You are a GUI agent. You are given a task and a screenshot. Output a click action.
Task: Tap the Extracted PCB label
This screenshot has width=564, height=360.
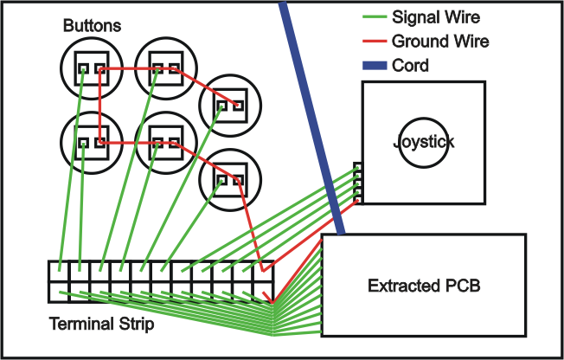424,286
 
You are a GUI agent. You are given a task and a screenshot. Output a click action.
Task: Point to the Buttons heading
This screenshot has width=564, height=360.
92,26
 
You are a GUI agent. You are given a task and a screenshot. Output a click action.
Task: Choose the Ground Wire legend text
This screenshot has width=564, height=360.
440,41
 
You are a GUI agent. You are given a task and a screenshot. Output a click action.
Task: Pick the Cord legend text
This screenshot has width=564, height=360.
410,65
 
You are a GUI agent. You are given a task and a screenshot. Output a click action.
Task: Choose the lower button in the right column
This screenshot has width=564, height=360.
228,180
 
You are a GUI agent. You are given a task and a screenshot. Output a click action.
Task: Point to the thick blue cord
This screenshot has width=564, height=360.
311,112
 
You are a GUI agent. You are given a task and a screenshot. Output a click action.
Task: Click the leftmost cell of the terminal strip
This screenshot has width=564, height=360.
60,282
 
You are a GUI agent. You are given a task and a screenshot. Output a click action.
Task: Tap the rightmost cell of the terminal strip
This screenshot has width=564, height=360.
266,282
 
